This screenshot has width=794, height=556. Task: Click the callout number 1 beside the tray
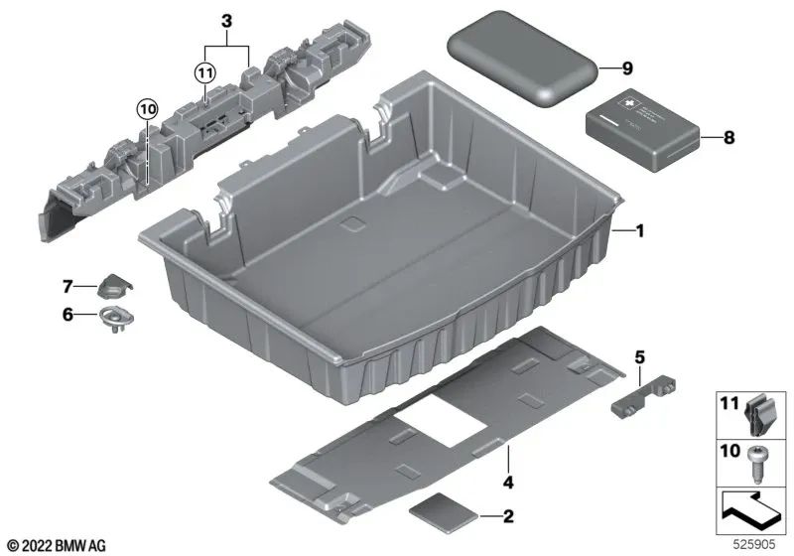coord(641,231)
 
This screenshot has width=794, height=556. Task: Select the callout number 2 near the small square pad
coord(508,516)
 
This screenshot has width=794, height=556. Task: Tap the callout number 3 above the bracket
coord(226,20)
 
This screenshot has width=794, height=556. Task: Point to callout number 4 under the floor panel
coord(507,484)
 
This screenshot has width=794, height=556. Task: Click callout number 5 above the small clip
coord(640,355)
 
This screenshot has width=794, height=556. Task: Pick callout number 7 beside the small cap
coord(68,287)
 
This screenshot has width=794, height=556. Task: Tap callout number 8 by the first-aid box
coord(728,138)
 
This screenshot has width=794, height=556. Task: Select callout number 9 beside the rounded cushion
coord(626,69)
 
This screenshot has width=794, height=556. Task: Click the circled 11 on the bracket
coord(204,72)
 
